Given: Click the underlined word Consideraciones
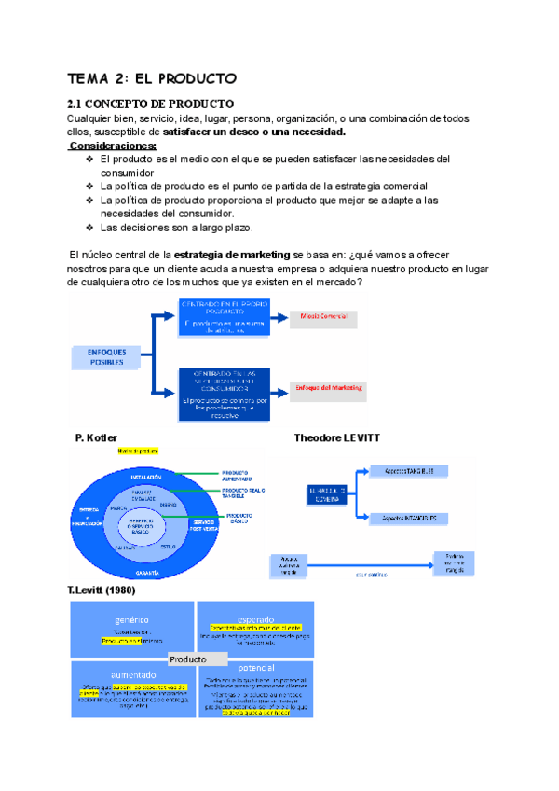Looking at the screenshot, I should [x=113, y=146].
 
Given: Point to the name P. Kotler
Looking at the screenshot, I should [x=96, y=437].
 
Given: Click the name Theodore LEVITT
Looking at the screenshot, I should [x=337, y=437].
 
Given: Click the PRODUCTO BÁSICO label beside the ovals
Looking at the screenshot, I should [x=241, y=516].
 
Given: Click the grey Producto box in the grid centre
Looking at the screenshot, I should [x=193, y=659].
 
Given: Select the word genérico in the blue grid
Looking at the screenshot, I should [x=132, y=618].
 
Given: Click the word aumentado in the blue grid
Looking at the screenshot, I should [x=132, y=674].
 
